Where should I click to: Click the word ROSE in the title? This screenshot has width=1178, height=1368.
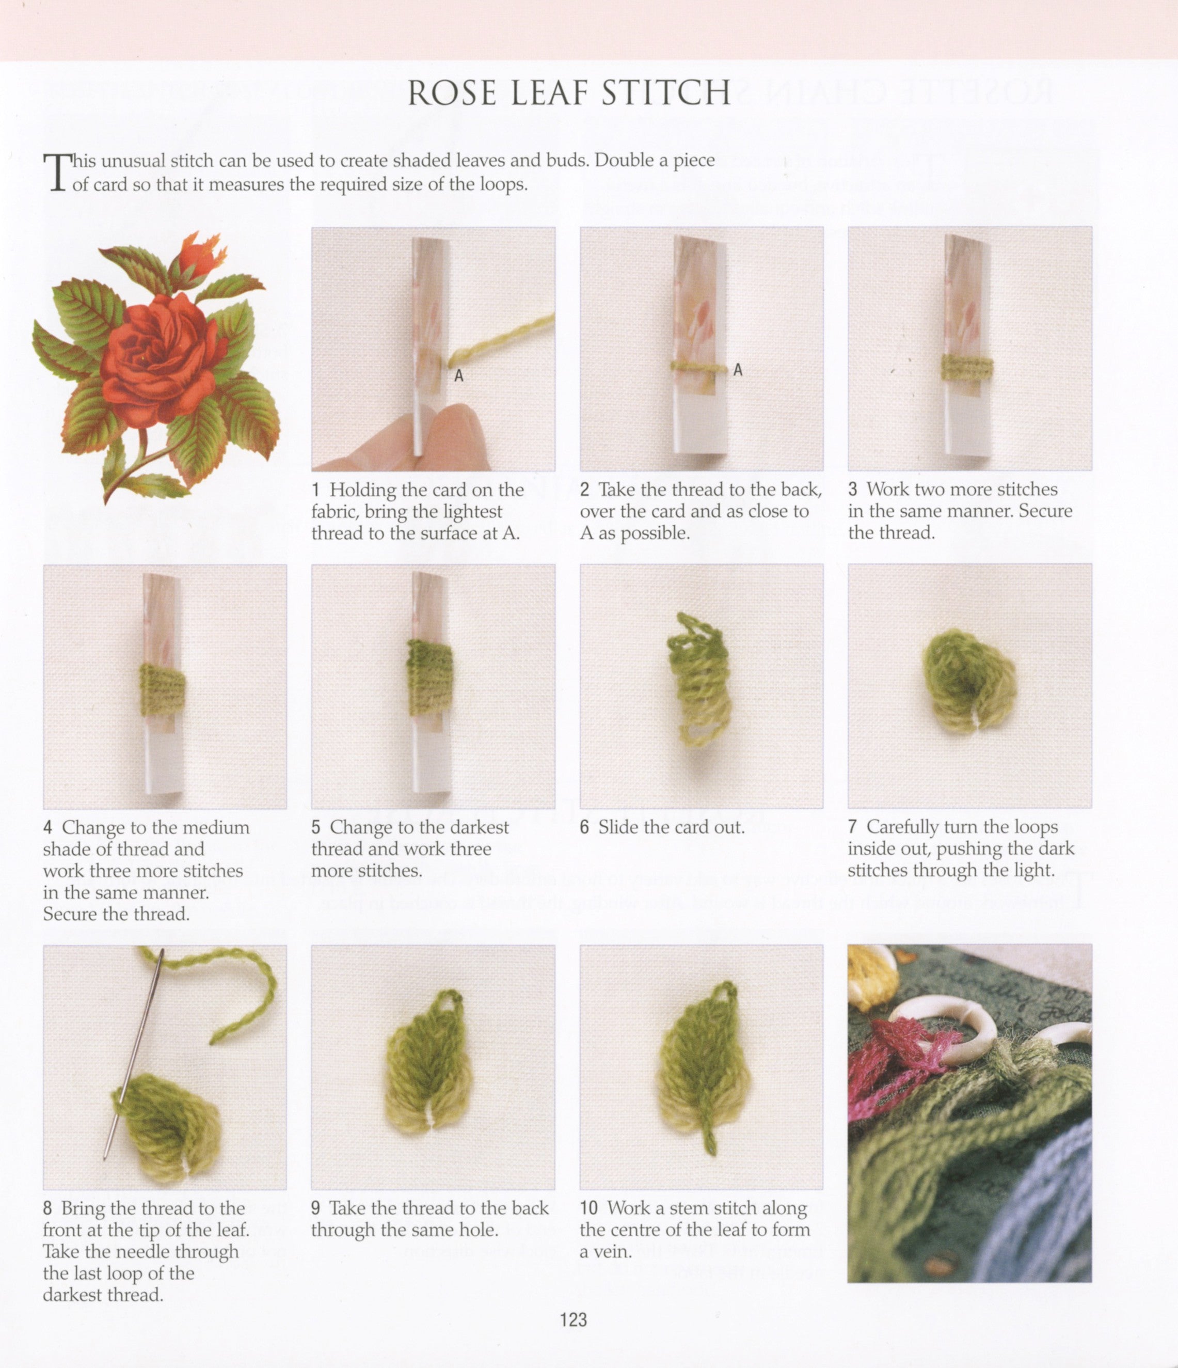(x=451, y=93)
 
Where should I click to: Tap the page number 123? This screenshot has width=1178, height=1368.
(x=573, y=1319)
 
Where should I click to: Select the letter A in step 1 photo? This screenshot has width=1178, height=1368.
(x=459, y=375)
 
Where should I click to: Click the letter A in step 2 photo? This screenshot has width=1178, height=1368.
(x=738, y=370)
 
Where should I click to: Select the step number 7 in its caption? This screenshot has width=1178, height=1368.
(x=853, y=827)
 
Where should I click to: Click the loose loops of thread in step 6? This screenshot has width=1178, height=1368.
(x=696, y=680)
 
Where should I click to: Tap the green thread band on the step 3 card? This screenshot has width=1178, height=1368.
(x=967, y=368)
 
